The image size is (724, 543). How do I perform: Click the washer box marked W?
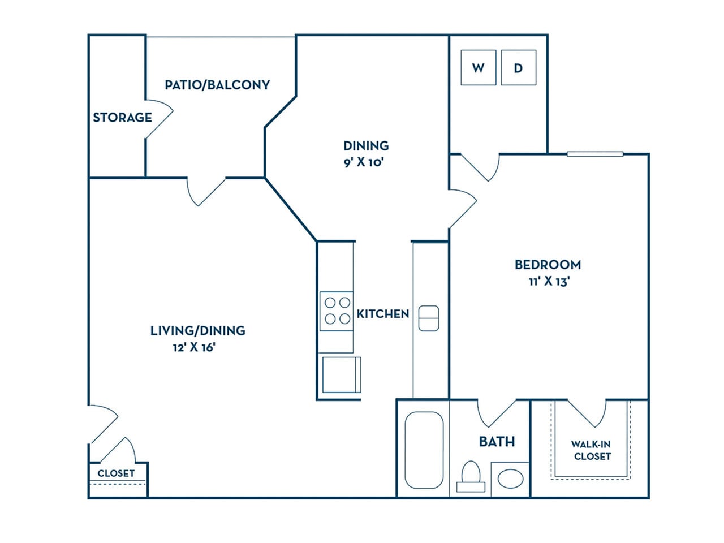(x=479, y=68)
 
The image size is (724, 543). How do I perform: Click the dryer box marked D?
(x=518, y=68)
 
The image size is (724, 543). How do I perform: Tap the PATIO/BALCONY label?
(x=217, y=85)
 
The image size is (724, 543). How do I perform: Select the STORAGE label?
(x=122, y=118)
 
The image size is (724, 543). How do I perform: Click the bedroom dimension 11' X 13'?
(x=548, y=281)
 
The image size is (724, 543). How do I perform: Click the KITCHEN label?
(x=383, y=314)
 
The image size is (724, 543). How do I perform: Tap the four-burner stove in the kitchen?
(x=337, y=311)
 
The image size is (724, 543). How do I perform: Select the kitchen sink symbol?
(x=428, y=318)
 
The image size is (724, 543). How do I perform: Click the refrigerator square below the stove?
(x=341, y=374)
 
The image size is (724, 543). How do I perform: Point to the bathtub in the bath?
(x=424, y=450)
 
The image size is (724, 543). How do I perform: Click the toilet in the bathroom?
(x=471, y=477)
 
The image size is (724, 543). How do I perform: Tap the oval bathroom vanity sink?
(x=511, y=479)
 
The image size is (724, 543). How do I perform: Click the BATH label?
(x=497, y=441)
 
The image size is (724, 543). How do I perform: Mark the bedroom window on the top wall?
(x=595, y=154)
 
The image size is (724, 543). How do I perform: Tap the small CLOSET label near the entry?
(x=116, y=473)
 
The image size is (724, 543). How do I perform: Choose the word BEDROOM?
(x=548, y=264)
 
